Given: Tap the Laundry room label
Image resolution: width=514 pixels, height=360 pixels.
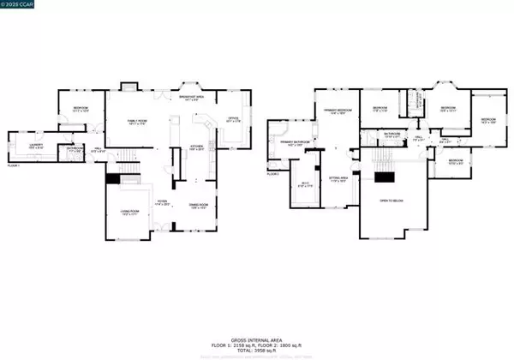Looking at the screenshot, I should tap(35, 147).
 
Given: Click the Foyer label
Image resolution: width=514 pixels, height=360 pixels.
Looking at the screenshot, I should tap(161, 203).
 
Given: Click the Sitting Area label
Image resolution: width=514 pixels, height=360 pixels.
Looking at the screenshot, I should tap(338, 179).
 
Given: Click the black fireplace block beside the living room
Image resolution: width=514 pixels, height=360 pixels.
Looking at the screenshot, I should tap(112, 178).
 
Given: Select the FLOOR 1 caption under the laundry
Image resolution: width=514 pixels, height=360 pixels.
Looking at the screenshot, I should tap(14, 165).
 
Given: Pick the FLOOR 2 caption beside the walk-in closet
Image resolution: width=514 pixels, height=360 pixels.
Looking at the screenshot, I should tap(273, 174).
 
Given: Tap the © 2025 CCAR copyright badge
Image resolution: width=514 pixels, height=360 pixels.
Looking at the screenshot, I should tap(21, 6).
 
